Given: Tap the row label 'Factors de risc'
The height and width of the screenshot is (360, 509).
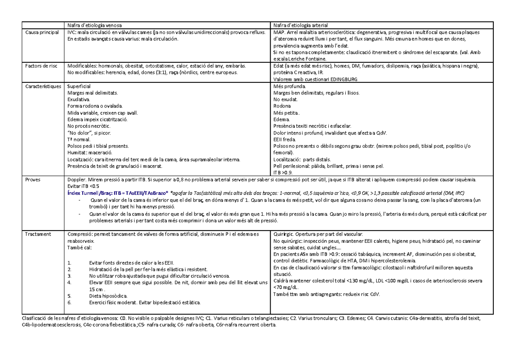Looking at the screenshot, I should [41, 66].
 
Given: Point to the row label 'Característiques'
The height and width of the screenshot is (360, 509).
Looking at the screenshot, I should [43, 86].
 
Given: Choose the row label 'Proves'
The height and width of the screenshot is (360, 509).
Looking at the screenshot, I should [33, 180].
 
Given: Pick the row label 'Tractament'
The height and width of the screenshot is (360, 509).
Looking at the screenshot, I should [38, 234].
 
